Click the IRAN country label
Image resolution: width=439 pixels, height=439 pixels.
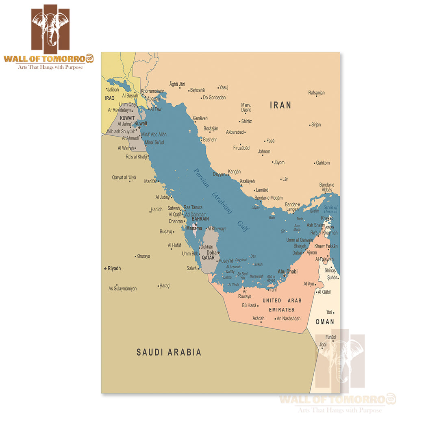click(280, 105)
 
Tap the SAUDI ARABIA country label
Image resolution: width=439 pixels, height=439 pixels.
click(169, 352)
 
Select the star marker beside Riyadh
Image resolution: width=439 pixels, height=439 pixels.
click(106, 269)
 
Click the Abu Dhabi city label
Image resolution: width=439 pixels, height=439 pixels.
click(288, 271)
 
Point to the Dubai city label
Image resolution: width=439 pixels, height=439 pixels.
click(297, 252)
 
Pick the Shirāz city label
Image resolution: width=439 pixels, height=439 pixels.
click(246, 121)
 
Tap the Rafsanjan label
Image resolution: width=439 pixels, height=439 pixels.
click(316, 93)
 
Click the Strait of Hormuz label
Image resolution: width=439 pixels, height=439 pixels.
click(331, 209)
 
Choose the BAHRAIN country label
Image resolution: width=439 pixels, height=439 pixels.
click(200, 219)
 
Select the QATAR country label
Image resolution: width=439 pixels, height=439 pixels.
click(208, 257)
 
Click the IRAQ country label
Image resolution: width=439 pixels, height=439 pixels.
click(110, 98)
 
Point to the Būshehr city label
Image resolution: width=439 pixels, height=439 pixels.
click(210, 139)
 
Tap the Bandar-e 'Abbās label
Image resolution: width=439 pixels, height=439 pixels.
click(327, 187)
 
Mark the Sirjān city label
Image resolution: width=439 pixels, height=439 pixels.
click(316, 125)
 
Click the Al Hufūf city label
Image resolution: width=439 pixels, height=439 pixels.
click(174, 246)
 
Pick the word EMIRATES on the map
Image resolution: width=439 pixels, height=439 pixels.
click(281, 310)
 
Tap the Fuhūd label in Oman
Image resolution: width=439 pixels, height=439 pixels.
click(330, 337)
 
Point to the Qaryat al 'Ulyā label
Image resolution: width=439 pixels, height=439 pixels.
click(124, 178)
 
